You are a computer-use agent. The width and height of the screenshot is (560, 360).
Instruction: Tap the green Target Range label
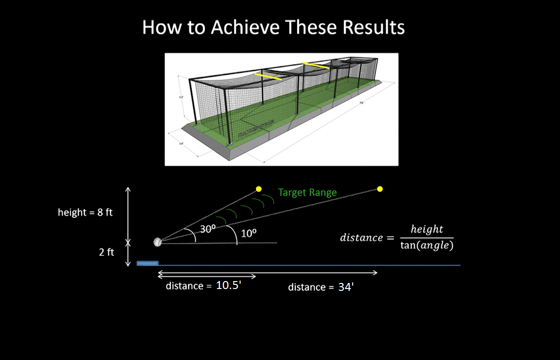(x=307, y=192)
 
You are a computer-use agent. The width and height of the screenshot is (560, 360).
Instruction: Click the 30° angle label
(x=207, y=229)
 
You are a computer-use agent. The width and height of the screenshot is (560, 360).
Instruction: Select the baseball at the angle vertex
(x=157, y=242)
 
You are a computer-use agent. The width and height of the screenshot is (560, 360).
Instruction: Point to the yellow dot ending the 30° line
(x=258, y=189)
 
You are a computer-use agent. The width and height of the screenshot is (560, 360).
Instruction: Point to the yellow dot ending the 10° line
(x=380, y=189)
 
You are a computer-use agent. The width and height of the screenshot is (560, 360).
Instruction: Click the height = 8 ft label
(x=85, y=212)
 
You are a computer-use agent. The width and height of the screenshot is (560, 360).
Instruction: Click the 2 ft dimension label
(x=106, y=253)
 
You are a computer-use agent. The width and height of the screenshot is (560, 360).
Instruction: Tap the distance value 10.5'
(x=228, y=286)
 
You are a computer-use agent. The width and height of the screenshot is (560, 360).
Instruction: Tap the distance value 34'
(x=346, y=287)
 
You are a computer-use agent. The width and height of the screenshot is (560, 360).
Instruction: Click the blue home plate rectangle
(x=148, y=263)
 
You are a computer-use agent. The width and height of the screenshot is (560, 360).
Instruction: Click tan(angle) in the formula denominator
(x=426, y=246)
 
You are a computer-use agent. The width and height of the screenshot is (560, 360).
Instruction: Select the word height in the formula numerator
(x=426, y=229)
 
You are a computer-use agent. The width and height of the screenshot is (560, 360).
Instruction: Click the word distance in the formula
(x=361, y=238)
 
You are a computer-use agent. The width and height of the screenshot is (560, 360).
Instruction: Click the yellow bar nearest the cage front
(x=268, y=76)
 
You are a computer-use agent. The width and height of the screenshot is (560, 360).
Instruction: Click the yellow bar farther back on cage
(x=316, y=65)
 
